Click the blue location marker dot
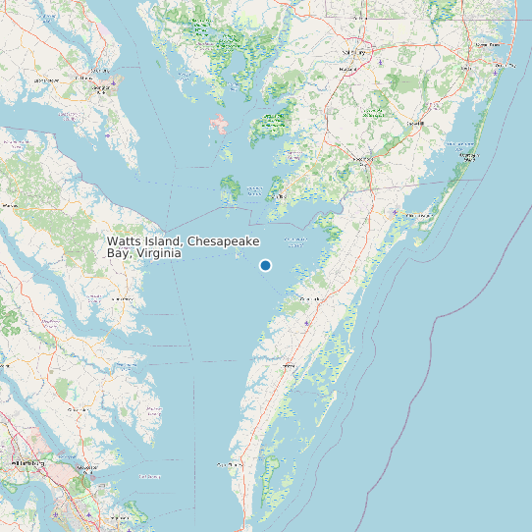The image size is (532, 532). pos(265,266)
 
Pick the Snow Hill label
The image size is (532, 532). pos(415,124)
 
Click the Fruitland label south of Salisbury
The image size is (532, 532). pos(346,71)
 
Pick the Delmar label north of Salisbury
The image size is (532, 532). pos(353,20)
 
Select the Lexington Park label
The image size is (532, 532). pos(99,88)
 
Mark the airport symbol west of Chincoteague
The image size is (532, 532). pos(395,211)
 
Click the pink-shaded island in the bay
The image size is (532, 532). pos(219,126)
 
